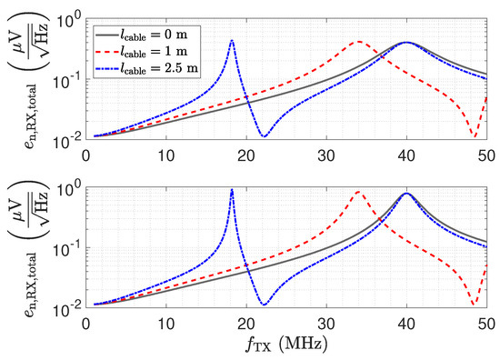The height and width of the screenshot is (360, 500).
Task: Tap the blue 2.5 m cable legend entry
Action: point(146,68)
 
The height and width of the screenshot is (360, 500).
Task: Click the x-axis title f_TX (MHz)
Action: point(286,345)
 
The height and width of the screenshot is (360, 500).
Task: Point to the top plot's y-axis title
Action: point(27,80)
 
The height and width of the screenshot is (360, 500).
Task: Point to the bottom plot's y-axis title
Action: point(27,248)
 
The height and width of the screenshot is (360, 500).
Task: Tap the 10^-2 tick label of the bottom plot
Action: point(67,309)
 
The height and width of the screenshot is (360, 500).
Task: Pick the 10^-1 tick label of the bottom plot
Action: point(67,249)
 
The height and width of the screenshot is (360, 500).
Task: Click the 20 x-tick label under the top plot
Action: point(246,156)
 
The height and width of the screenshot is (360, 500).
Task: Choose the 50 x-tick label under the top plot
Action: point(487,156)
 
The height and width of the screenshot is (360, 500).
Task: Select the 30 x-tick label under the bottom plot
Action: point(326,325)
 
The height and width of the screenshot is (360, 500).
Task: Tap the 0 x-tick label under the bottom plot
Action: point(86,325)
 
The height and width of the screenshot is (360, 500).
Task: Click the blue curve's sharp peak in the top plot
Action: point(232,41)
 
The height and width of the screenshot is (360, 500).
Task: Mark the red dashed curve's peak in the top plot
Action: point(359,42)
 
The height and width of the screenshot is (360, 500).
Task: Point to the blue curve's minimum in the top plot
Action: point(265,136)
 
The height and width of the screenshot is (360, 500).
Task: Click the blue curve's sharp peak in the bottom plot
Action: point(232,190)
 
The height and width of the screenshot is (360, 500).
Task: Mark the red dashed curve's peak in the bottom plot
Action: point(359,192)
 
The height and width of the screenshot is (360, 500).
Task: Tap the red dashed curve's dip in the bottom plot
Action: point(475,305)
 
